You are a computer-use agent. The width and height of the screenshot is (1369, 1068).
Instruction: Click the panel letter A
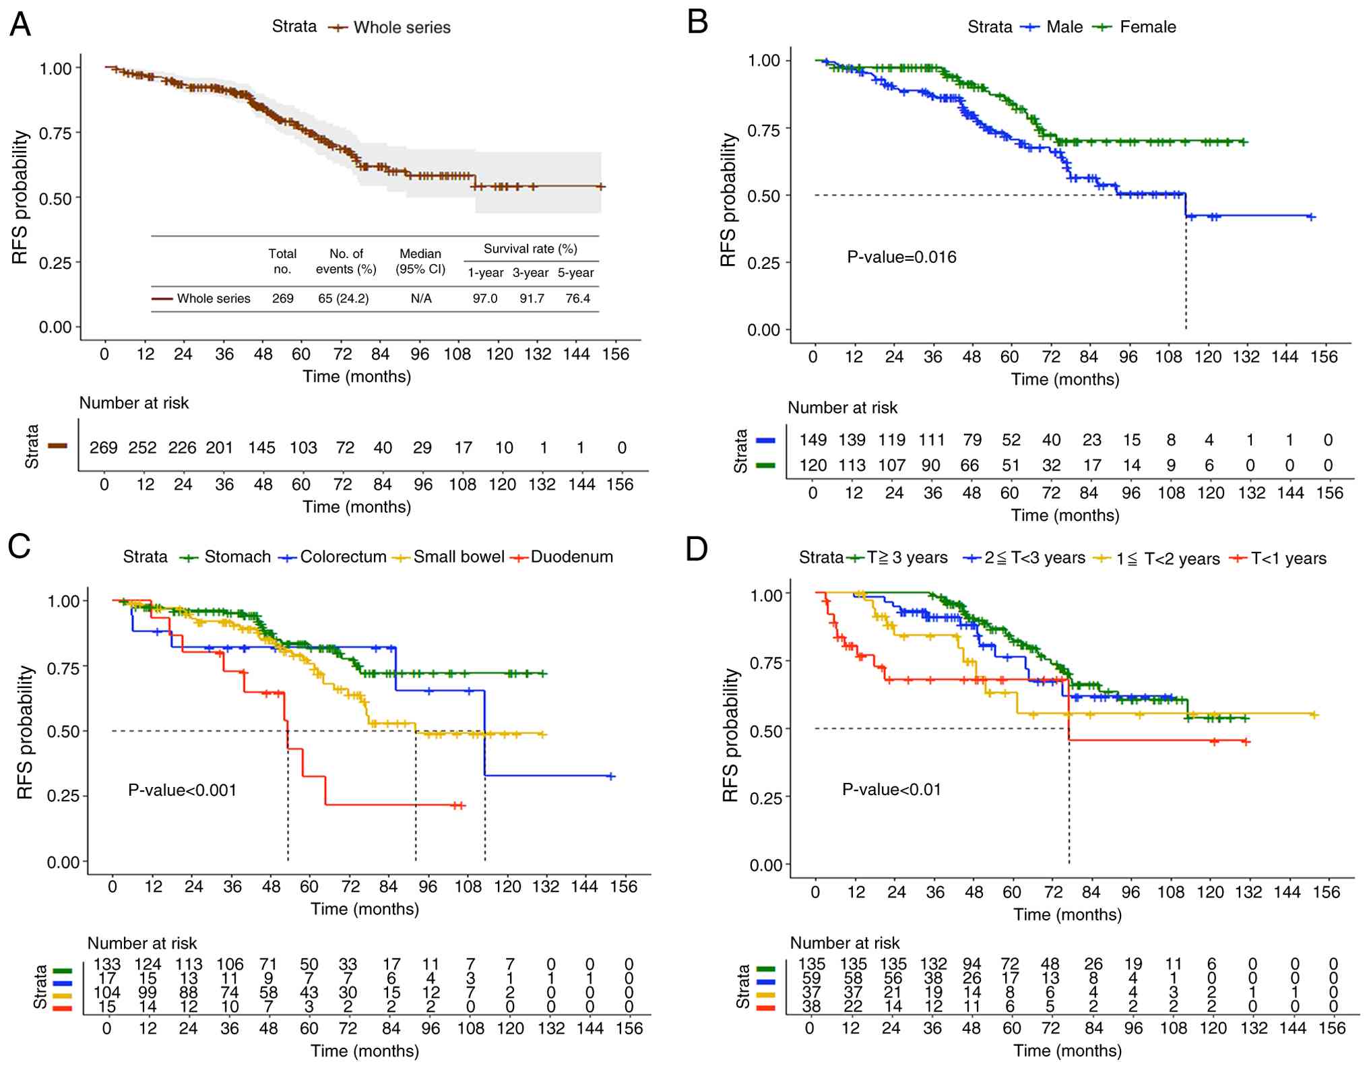[x=20, y=24]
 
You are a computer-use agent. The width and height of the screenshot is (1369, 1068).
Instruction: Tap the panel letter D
[x=697, y=548]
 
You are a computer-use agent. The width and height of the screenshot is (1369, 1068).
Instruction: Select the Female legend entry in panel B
[x=1147, y=27]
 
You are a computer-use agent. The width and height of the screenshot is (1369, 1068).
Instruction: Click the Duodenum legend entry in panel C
[x=571, y=557]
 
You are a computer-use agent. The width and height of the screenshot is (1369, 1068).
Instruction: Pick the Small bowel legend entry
[x=458, y=557]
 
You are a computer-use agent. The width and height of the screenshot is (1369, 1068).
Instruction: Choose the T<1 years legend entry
[x=1288, y=558]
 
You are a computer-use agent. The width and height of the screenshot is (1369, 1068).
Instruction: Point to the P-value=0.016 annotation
[x=901, y=257]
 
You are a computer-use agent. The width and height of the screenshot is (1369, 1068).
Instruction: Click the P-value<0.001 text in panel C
[x=182, y=790]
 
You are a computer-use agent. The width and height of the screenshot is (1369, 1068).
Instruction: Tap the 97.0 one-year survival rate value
[x=484, y=299]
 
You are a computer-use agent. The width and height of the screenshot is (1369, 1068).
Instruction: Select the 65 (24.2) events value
[x=343, y=299]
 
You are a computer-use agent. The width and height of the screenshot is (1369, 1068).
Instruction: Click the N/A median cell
[x=421, y=299]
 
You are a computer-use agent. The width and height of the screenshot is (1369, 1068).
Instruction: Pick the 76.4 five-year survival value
[x=577, y=299]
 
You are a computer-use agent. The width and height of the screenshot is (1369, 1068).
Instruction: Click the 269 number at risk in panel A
[x=103, y=447]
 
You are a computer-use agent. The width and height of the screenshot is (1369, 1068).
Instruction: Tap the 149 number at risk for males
[x=813, y=440]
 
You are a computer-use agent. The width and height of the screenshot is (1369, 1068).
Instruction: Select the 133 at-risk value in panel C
[x=106, y=964]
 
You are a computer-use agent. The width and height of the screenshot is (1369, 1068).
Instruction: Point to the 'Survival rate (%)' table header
[x=530, y=249]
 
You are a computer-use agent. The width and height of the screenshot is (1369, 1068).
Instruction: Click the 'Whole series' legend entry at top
[x=402, y=28]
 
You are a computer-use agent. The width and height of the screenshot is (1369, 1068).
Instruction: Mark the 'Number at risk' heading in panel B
[x=842, y=408]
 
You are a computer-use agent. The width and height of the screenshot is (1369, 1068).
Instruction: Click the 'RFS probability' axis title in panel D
[x=730, y=735]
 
